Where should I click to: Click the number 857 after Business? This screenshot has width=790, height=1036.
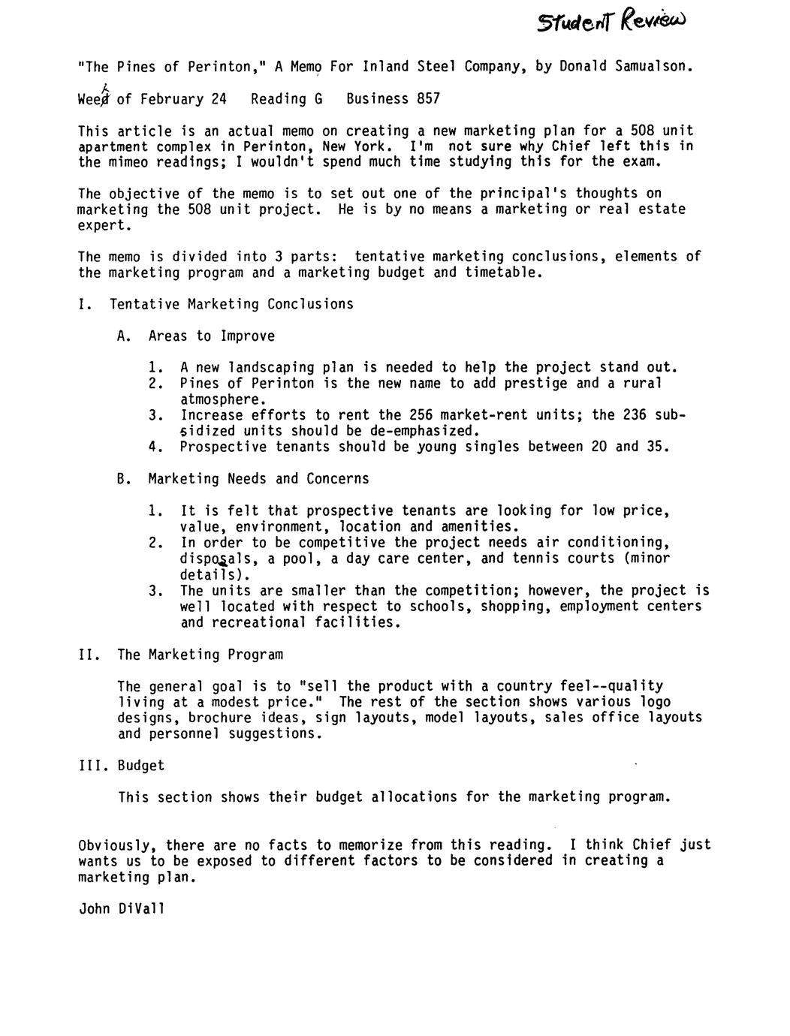428,99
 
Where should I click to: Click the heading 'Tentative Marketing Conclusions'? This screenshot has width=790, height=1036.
231,304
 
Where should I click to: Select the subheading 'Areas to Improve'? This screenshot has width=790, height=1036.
211,336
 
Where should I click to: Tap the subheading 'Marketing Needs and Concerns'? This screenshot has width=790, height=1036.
258,479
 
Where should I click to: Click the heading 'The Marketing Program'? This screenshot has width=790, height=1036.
200,655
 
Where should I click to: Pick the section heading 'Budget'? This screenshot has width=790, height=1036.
140,766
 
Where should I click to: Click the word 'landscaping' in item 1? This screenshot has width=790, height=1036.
270,368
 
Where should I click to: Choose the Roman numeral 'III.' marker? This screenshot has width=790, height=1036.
94,766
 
